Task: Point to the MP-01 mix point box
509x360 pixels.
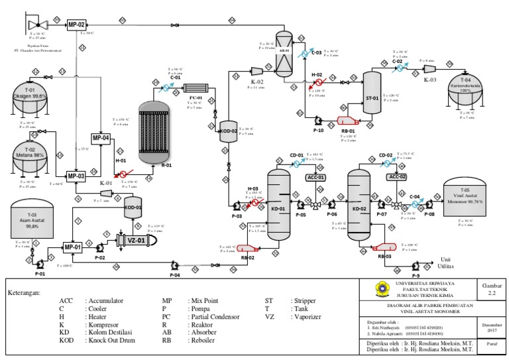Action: pyautogui.click(x=73, y=248)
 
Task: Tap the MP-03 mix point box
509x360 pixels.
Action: pyautogui.click(x=77, y=176)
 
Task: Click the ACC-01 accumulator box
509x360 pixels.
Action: pyautogui.click(x=315, y=177)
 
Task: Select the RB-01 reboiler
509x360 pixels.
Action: pyautogui.click(x=348, y=121)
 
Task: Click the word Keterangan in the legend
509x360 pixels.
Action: pyautogui.click(x=25, y=292)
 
